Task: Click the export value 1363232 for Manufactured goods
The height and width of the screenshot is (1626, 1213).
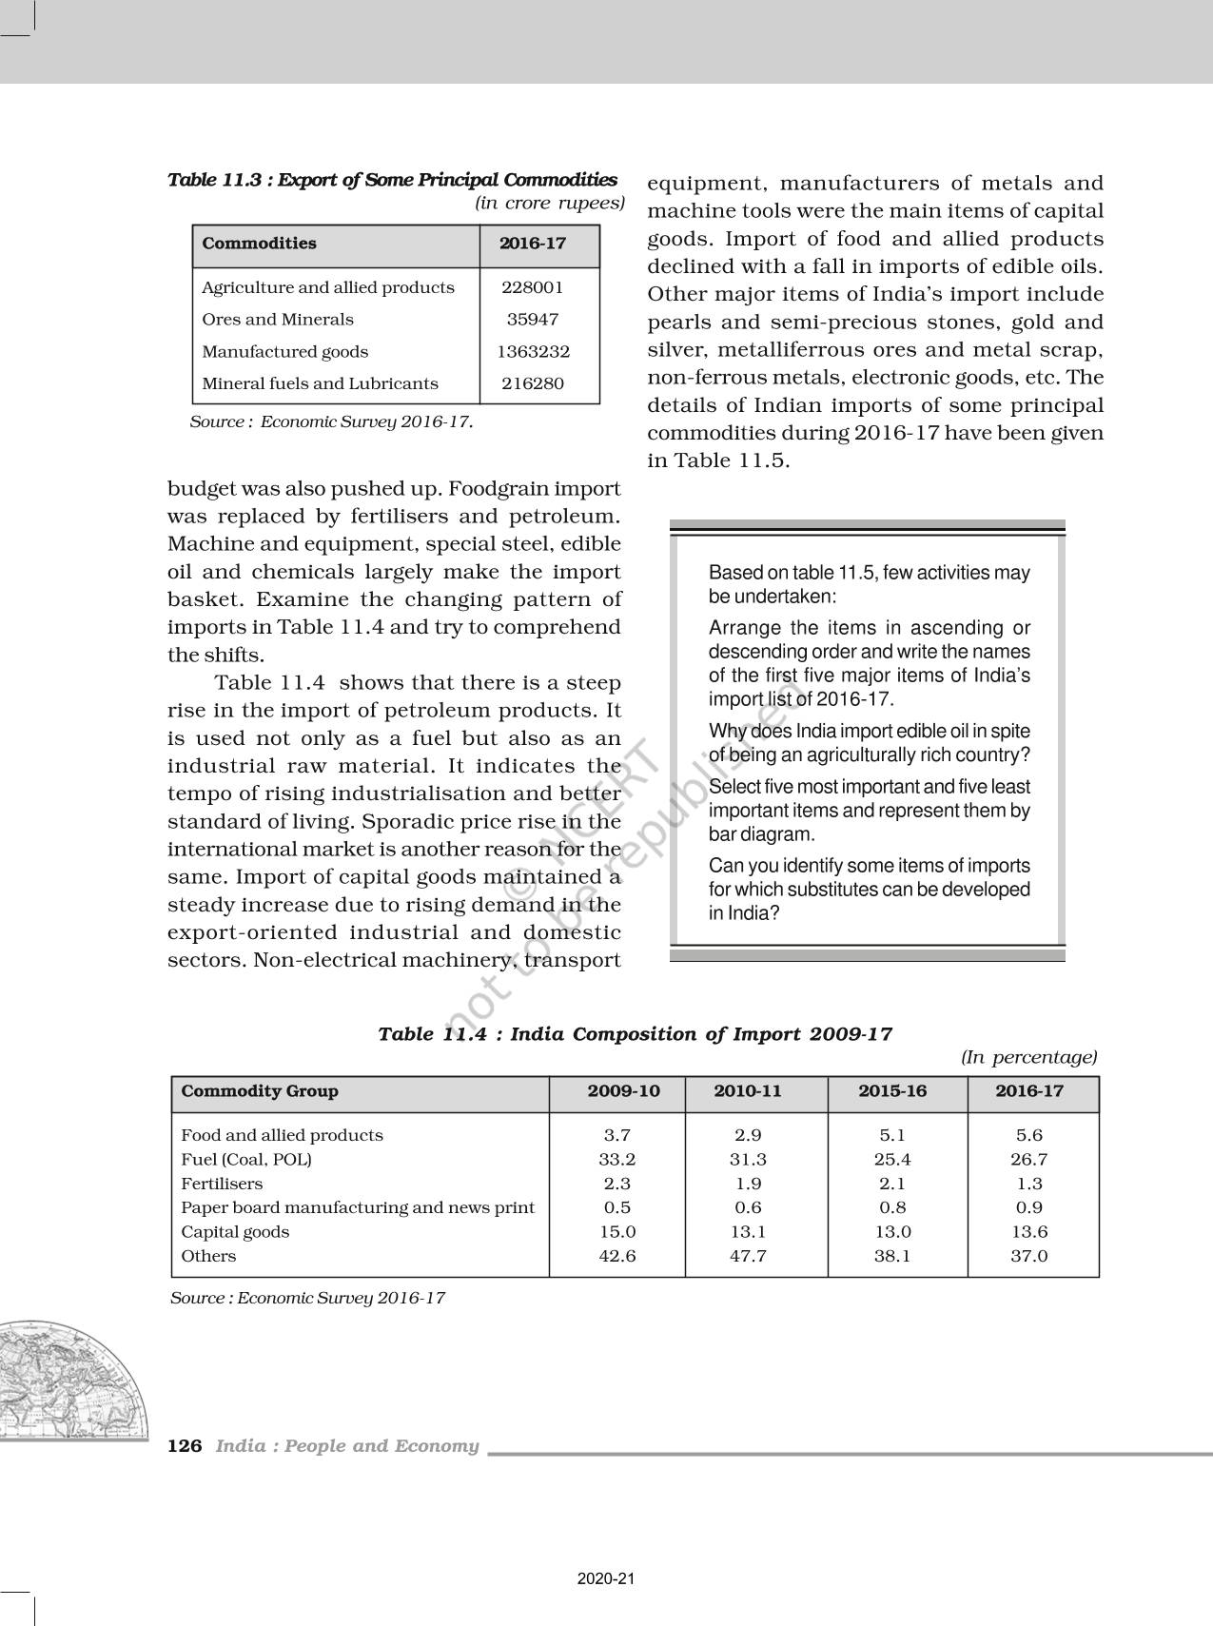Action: (533, 351)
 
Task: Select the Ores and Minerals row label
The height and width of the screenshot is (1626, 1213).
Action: (277, 320)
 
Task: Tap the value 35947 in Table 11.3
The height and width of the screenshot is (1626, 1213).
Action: (533, 320)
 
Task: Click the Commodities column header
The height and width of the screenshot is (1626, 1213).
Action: (259, 244)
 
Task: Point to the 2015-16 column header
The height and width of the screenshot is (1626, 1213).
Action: (891, 1091)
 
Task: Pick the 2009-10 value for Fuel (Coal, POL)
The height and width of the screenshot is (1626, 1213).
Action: (617, 1159)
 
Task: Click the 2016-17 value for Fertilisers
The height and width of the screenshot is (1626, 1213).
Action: (1029, 1184)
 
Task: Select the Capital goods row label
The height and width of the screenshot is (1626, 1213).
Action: (235, 1231)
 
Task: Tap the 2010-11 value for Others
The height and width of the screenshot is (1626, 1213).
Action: (748, 1256)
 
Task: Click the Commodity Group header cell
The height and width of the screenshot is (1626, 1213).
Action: (260, 1091)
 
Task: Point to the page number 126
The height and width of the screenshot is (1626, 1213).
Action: (185, 1446)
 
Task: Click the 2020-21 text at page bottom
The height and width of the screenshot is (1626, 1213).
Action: (606, 1578)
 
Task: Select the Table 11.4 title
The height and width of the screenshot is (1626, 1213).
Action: (635, 1034)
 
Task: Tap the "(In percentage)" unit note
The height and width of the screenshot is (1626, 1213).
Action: (1028, 1057)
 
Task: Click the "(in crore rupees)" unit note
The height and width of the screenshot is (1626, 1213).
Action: (549, 203)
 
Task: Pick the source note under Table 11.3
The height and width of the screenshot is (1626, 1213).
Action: (331, 421)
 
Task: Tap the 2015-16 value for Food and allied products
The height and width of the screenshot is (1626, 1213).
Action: (892, 1135)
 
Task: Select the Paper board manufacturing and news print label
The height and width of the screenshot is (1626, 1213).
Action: (358, 1207)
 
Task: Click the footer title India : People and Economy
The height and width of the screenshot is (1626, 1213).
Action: (347, 1446)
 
